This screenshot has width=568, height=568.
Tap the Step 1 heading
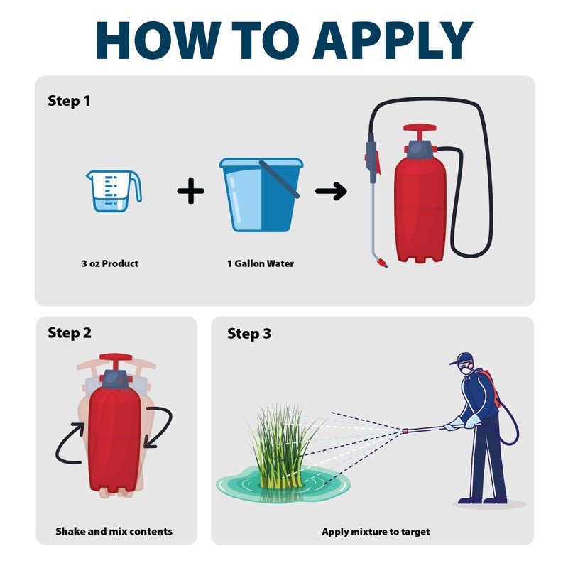(69, 101)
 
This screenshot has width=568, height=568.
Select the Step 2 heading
(69, 332)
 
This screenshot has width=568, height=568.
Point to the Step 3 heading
(248, 333)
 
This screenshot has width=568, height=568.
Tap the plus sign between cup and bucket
(190, 192)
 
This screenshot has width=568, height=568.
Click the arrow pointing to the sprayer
(331, 191)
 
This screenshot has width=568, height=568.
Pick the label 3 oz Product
(109, 263)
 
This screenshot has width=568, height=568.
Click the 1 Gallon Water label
(260, 263)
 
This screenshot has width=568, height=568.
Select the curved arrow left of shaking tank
(71, 443)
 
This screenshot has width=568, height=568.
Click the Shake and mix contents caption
(114, 531)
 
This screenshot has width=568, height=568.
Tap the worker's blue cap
(461, 358)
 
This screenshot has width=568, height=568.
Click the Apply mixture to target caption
(376, 531)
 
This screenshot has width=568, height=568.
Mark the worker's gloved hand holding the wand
(452, 426)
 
